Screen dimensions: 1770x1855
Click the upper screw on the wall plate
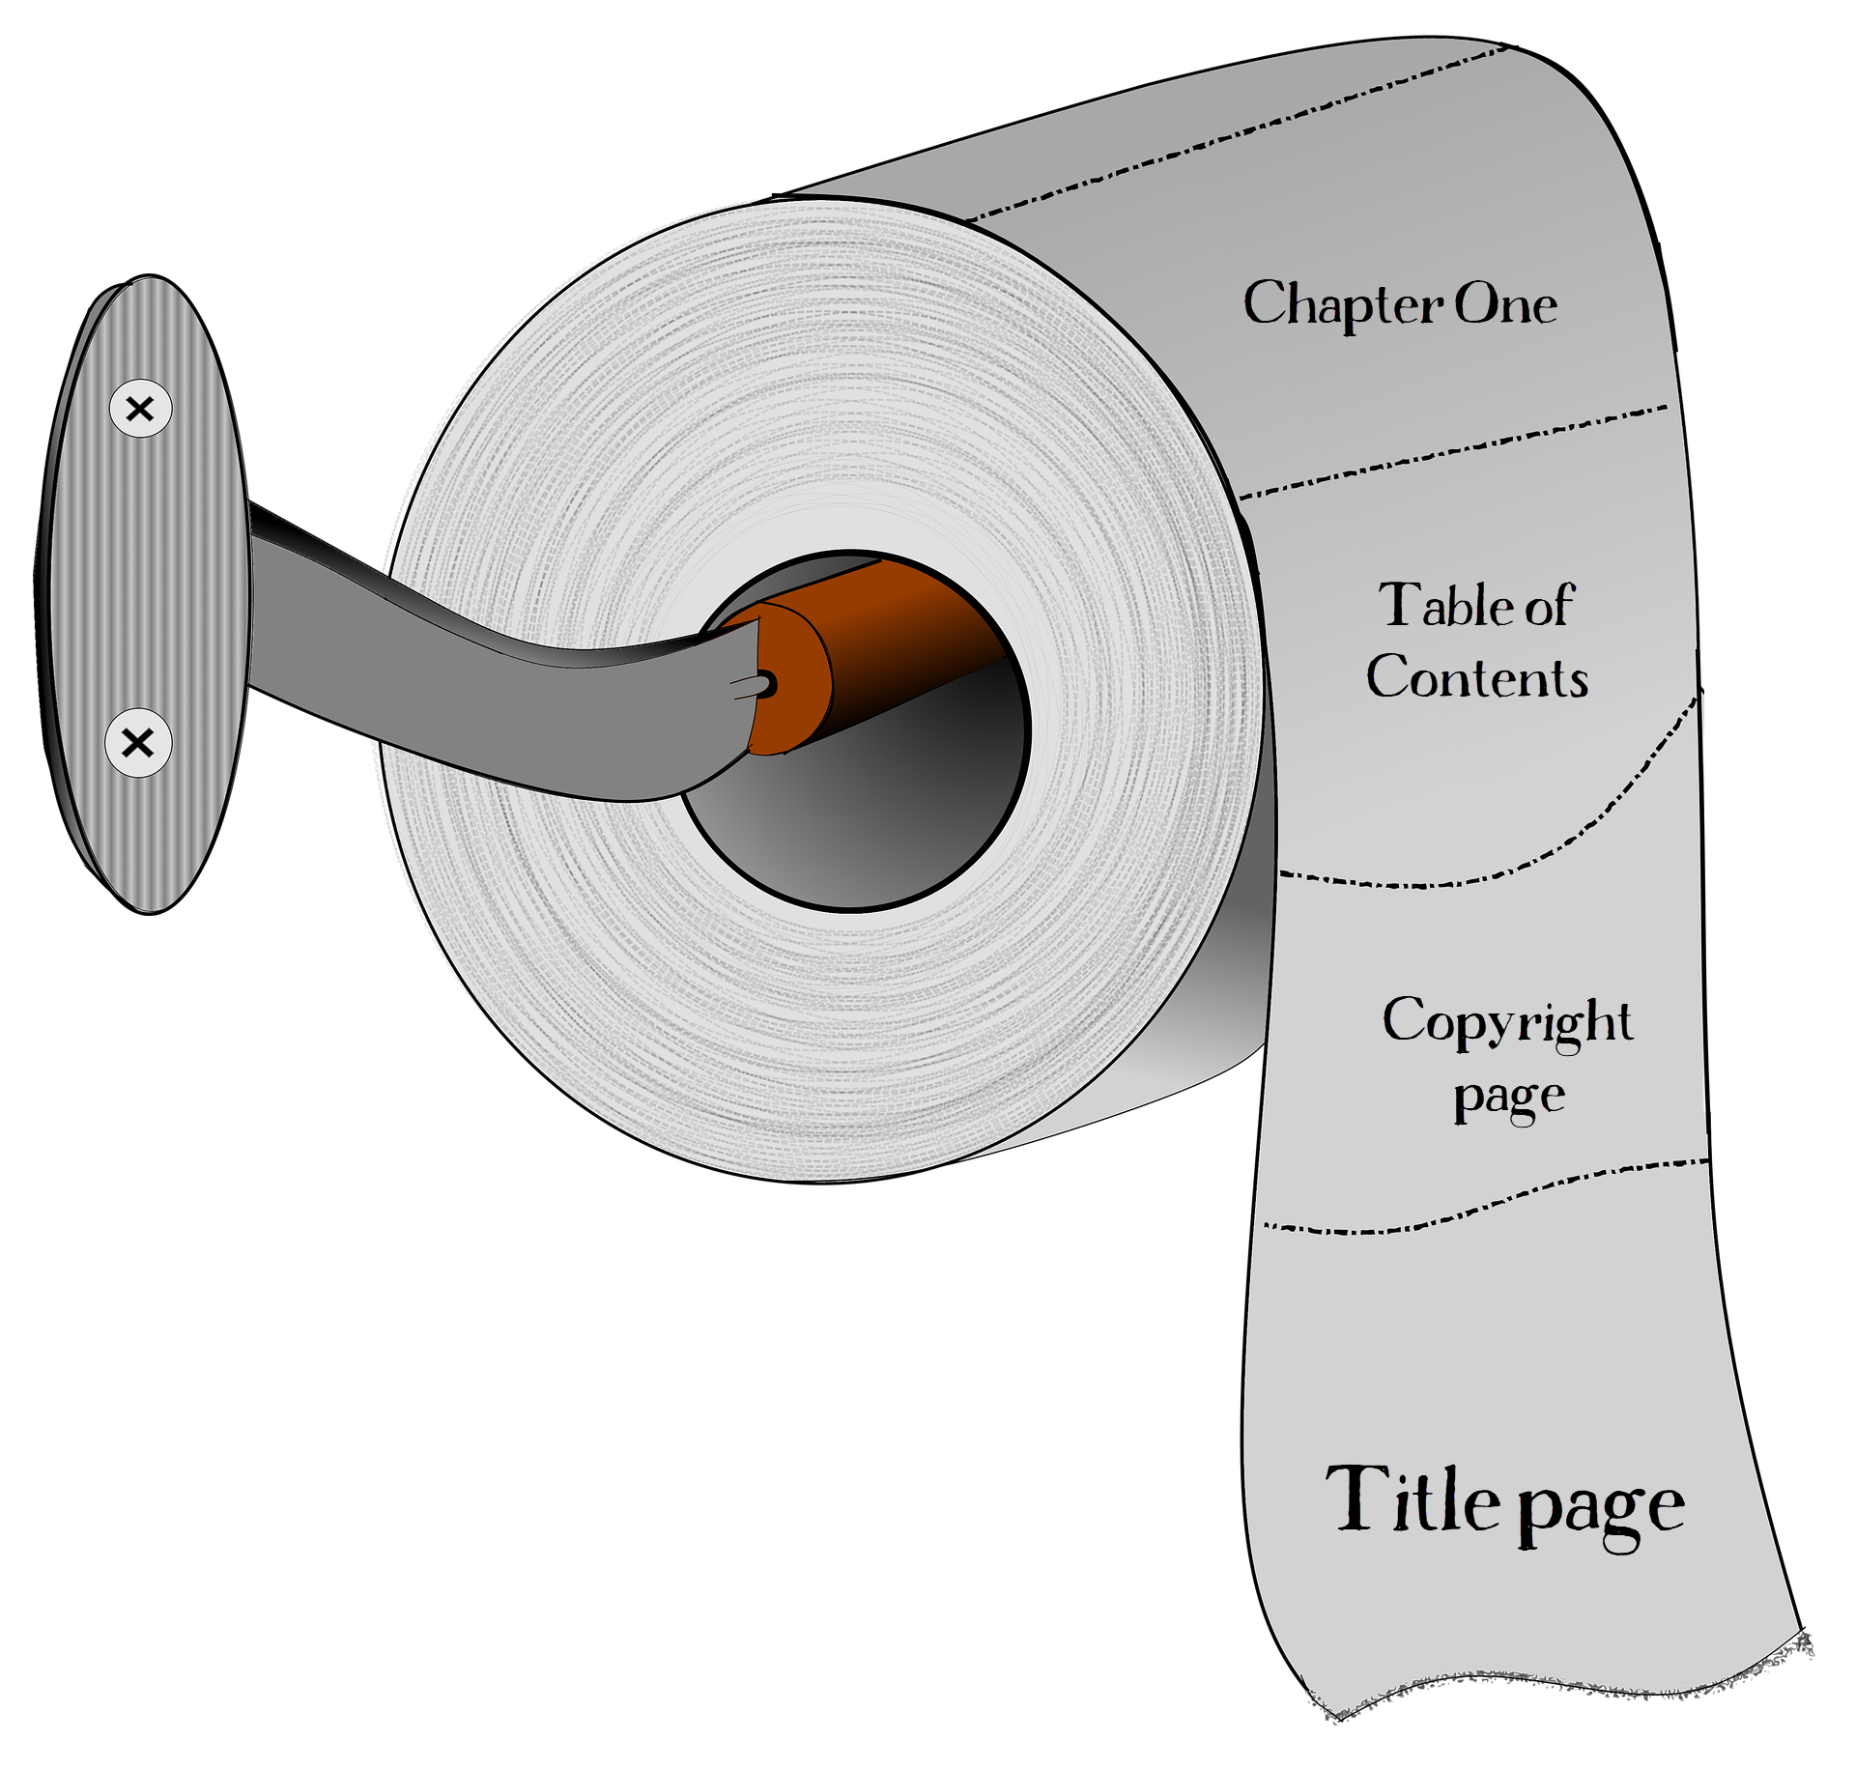point(140,409)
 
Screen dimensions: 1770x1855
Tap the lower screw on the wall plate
point(138,743)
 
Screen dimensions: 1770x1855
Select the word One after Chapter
point(1506,304)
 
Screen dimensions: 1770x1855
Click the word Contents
point(1477,677)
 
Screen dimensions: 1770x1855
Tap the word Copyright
point(1507,1022)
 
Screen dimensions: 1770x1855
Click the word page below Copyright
point(1509,1097)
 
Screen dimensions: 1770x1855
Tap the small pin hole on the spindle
point(768,684)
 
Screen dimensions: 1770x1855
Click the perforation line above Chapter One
point(1237,135)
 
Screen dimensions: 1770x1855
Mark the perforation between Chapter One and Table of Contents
point(1449,452)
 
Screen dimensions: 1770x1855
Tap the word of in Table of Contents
point(1550,606)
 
